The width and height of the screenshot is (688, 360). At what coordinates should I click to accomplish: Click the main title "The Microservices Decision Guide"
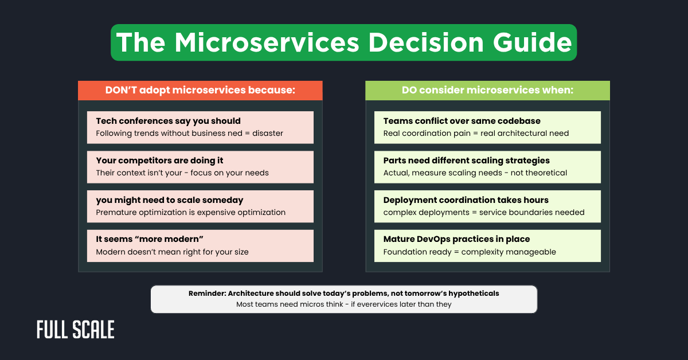pyautogui.click(x=343, y=42)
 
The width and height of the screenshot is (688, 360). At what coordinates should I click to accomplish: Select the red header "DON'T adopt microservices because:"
pyautogui.click(x=200, y=90)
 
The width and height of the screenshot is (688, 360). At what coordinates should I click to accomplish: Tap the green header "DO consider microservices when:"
pyautogui.click(x=487, y=90)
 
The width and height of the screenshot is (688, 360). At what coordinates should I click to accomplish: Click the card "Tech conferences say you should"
pyautogui.click(x=200, y=127)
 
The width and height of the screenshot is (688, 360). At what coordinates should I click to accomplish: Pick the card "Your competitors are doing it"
pyautogui.click(x=200, y=167)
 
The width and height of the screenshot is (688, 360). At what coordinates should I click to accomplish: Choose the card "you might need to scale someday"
pyautogui.click(x=200, y=206)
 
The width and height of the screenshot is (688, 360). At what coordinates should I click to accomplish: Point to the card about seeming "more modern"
pyautogui.click(x=200, y=246)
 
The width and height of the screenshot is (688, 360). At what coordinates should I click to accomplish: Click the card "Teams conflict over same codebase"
pyautogui.click(x=487, y=127)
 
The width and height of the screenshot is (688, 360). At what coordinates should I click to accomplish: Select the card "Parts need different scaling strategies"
pyautogui.click(x=487, y=167)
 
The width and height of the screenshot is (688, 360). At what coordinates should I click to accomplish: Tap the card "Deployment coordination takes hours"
pyautogui.click(x=487, y=206)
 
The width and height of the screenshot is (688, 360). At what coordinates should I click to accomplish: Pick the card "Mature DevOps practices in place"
pyautogui.click(x=487, y=246)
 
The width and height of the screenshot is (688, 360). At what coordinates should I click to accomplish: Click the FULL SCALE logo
pyautogui.click(x=76, y=330)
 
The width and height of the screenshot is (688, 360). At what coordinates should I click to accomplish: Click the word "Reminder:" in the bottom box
pyautogui.click(x=208, y=294)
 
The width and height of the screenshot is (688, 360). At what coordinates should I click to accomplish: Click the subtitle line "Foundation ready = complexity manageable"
pyautogui.click(x=470, y=252)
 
